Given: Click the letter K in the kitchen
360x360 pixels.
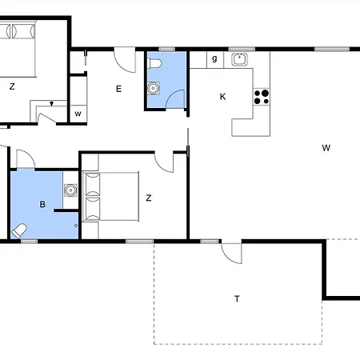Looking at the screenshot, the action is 222,97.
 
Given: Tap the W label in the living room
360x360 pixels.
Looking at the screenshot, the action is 326,148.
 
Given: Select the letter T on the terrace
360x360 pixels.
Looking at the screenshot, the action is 237,298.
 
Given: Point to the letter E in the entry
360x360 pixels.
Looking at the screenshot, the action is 119,89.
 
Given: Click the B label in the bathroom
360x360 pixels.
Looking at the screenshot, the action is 42,204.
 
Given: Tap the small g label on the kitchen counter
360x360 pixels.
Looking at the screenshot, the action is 214,58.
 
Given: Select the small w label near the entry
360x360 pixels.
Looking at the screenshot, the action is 78,114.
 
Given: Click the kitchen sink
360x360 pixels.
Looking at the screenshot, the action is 239,59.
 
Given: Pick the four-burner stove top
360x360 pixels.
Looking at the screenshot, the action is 262,97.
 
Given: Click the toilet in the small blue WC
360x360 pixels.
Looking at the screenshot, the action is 155,64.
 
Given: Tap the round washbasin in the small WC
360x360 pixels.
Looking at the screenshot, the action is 154,88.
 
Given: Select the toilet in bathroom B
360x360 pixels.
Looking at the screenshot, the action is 18,231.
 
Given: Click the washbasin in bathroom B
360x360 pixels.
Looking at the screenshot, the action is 70,190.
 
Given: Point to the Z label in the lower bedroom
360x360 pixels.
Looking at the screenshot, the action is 149,198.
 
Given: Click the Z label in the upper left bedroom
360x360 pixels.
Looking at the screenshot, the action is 12,86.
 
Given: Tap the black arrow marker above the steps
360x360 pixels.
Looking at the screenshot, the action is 52,104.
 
